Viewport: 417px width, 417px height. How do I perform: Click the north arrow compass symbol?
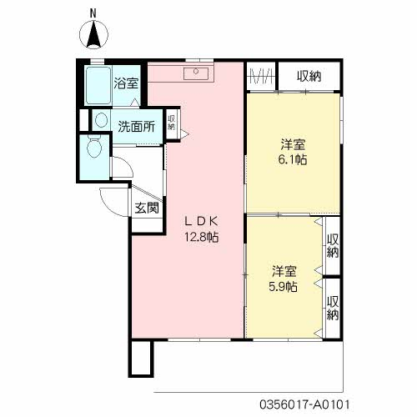coord(93,35)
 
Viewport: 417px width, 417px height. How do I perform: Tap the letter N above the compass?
coord(93,13)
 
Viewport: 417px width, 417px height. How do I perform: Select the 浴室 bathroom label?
coord(126,83)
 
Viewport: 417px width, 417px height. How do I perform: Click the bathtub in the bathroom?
coord(98,86)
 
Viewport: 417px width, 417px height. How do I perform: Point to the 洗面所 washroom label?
coord(137,127)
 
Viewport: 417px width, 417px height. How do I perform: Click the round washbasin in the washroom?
coord(101,120)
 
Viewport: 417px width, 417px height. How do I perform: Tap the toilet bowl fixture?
coord(93,147)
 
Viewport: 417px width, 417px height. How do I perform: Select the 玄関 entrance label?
coord(147,208)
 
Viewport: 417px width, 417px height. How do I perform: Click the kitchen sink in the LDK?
coord(196,73)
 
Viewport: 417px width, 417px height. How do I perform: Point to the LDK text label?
coord(202,221)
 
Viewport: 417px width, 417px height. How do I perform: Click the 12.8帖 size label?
coord(202,237)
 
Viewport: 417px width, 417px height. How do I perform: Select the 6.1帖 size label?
coord(293,159)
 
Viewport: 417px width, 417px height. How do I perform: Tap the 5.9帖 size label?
coord(284,286)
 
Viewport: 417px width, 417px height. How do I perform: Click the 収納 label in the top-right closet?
coord(309,76)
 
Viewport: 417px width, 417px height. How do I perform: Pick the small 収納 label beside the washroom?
coord(171,123)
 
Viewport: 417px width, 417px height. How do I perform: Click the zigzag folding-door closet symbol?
coord(260,76)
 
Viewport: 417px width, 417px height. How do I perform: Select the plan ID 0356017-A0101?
coord(304,404)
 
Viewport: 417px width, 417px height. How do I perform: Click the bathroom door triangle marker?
coord(135,103)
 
